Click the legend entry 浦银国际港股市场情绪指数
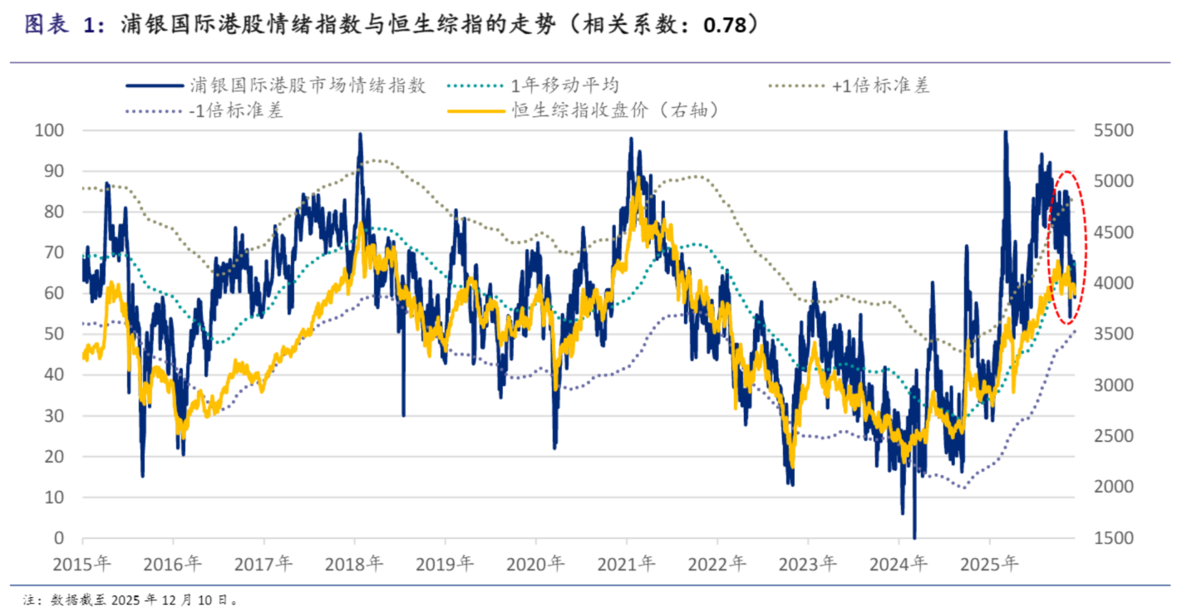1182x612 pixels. [308, 85]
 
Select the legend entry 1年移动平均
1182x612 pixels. [564, 85]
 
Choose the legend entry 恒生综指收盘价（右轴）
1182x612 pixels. [614, 110]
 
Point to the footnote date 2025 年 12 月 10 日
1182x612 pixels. [178, 598]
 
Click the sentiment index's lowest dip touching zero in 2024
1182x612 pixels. [914, 536]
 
